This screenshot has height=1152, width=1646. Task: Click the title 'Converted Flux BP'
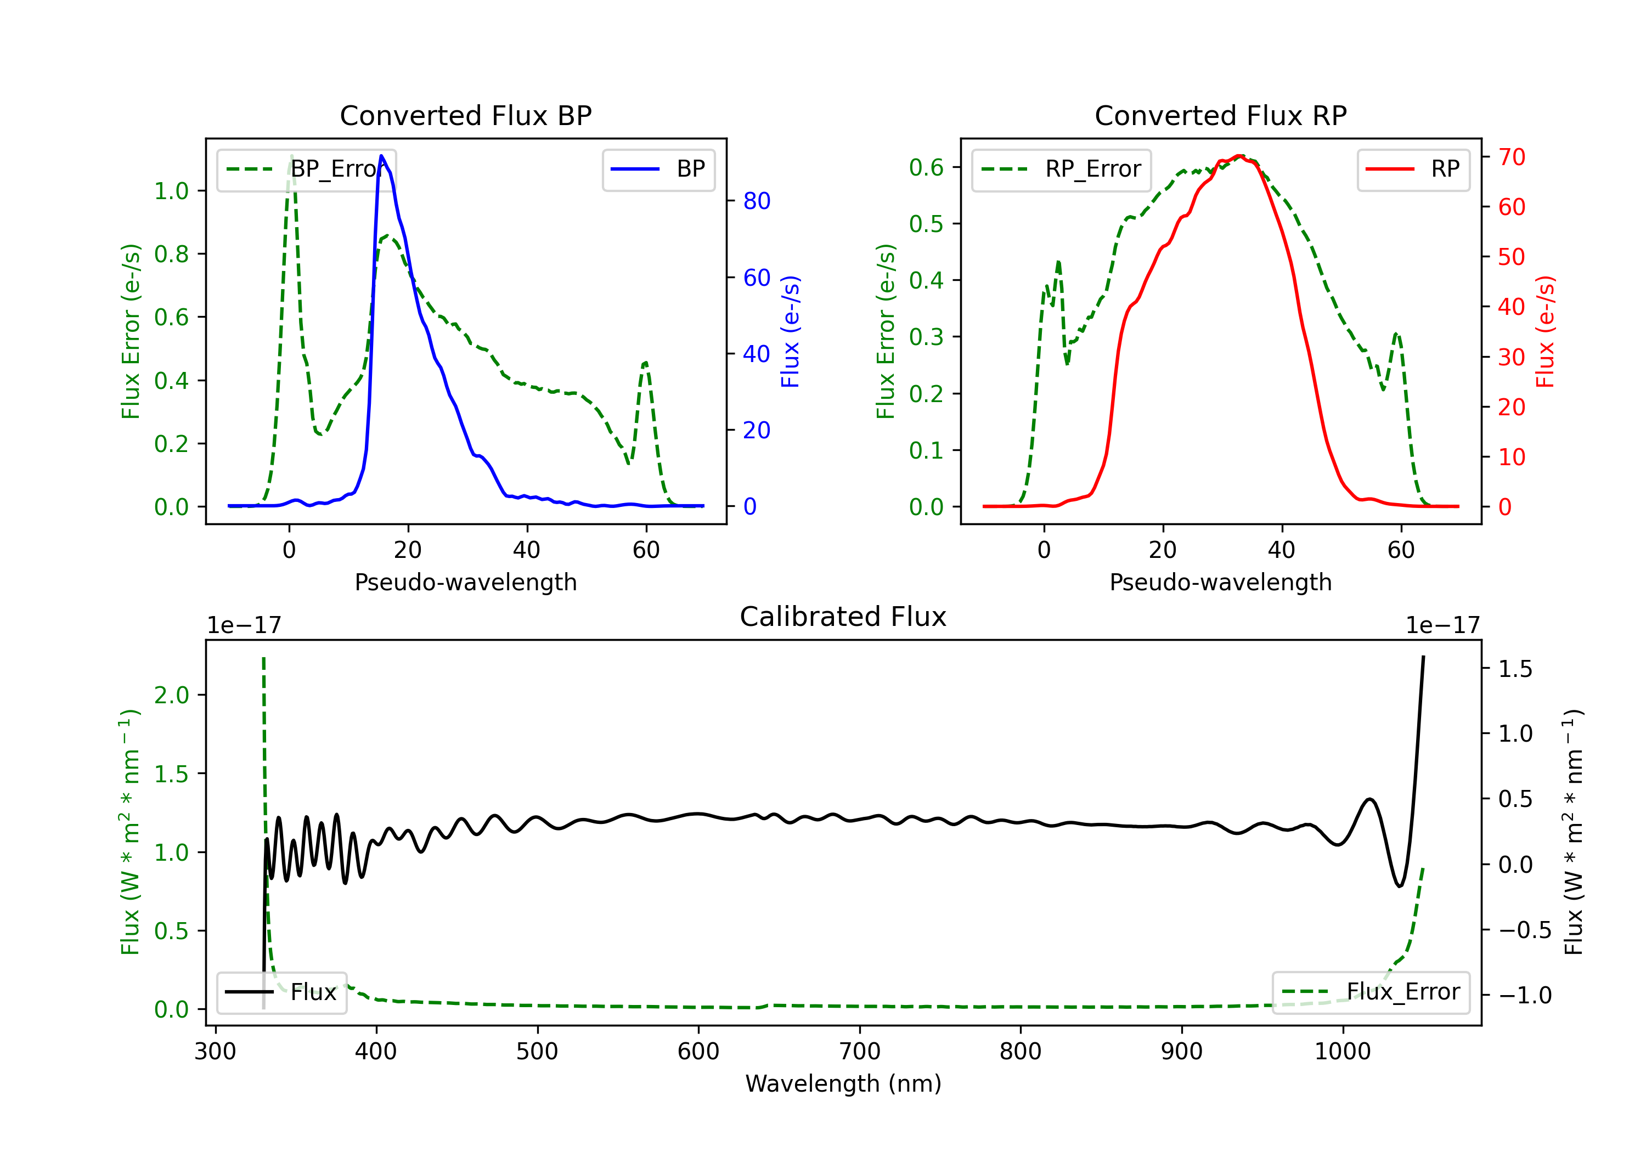pyautogui.click(x=466, y=115)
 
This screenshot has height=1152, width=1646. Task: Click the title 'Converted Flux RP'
pyautogui.click(x=1221, y=115)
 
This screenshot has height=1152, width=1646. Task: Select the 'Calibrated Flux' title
pyautogui.click(x=843, y=617)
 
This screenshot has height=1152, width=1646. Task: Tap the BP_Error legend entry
pyautogui.click(x=307, y=169)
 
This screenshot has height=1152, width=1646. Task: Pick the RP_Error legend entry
pyautogui.click(x=1062, y=169)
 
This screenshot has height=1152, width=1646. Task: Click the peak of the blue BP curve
pyautogui.click(x=381, y=156)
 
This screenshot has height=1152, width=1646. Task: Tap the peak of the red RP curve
pyautogui.click(x=1239, y=156)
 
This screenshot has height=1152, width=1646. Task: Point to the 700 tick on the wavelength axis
pyautogui.click(x=860, y=1052)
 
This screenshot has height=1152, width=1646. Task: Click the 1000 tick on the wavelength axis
pyautogui.click(x=1343, y=1052)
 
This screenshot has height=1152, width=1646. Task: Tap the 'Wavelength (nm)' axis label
pyautogui.click(x=843, y=1084)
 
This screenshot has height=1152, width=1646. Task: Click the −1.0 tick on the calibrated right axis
pyautogui.click(x=1525, y=996)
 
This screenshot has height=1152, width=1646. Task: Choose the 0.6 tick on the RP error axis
pyautogui.click(x=926, y=168)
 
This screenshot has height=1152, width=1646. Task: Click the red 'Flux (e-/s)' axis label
pyautogui.click(x=1546, y=331)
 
